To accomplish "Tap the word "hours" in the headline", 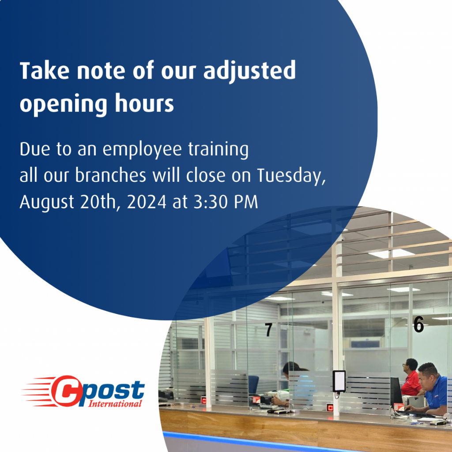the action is [144, 103].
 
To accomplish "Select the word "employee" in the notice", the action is [142, 150].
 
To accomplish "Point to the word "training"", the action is [218, 150].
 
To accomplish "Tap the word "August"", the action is [47, 202].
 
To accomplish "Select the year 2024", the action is [147, 202].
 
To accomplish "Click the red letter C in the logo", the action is [66, 391].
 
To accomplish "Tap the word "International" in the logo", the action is [115, 403].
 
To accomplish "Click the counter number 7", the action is [268, 329].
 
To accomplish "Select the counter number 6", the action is [418, 324].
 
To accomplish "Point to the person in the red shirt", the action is [411, 377].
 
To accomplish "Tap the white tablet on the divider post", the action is [339, 381].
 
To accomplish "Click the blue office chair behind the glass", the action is [253, 385].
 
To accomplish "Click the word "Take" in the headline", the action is [45, 71].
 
